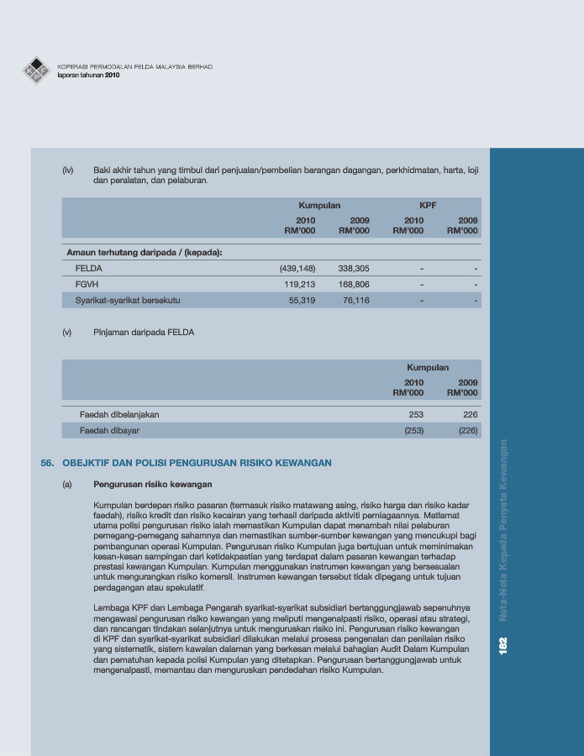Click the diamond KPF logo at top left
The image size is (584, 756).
click(36, 71)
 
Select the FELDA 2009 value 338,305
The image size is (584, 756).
click(353, 269)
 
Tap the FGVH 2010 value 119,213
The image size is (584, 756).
click(299, 284)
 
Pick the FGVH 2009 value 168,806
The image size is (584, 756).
click(353, 284)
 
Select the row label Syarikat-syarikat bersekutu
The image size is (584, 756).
click(128, 300)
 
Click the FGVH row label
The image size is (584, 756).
click(87, 284)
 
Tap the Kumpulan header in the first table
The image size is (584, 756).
click(319, 205)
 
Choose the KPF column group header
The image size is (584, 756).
click(428, 205)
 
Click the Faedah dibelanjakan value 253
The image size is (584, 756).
click(416, 415)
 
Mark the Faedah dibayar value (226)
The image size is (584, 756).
click(467, 430)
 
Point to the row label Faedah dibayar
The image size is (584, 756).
click(109, 430)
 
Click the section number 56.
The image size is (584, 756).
click(47, 463)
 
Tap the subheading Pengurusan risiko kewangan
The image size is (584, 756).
click(152, 485)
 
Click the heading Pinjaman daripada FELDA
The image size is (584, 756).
click(144, 333)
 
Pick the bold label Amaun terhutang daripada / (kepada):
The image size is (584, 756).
click(144, 252)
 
